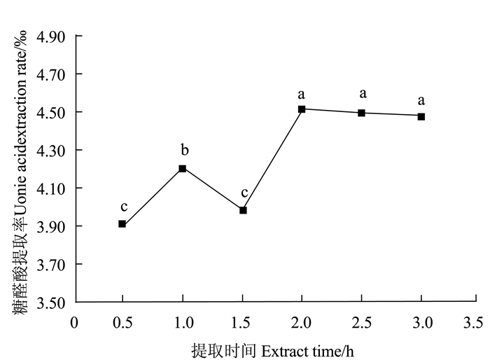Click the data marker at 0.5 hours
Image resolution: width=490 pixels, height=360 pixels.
coord(122,224)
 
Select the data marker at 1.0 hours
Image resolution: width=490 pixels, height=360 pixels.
coord(182,168)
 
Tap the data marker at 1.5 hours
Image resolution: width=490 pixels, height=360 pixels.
coord(243,210)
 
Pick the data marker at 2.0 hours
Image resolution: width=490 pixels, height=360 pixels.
coord(302,109)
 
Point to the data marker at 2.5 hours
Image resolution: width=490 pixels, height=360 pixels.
coord(361,113)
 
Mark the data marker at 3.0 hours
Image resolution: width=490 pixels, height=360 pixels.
coord(421,116)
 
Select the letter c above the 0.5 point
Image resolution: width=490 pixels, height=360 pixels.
coord(123,207)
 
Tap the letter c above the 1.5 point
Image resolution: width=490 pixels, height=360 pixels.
coord(244,193)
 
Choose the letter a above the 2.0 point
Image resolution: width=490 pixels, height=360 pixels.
coord(302,94)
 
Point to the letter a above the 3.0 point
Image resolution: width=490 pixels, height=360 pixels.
coord(421,100)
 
